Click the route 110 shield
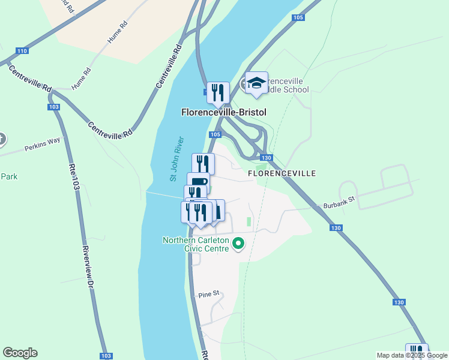click(x=22, y=51)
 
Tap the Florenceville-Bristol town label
click(x=223, y=112)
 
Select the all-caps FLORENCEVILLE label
click(x=282, y=173)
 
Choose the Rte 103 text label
click(x=75, y=177)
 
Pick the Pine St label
click(x=209, y=294)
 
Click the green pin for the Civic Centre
click(x=238, y=244)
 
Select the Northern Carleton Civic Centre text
click(x=196, y=244)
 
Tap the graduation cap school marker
click(x=256, y=83)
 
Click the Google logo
click(x=20, y=353)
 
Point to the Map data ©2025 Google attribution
click(x=412, y=355)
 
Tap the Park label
click(x=8, y=177)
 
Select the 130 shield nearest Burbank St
click(x=336, y=228)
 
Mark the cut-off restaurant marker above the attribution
click(x=417, y=350)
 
